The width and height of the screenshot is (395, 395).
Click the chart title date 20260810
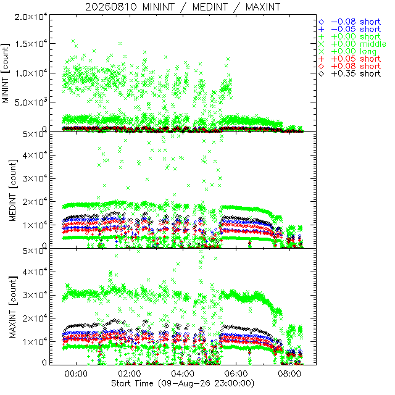[111, 7]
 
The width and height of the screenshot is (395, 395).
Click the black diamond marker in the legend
[321, 74]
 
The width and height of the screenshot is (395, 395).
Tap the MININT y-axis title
[6, 73]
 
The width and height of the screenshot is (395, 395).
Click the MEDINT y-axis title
[13, 190]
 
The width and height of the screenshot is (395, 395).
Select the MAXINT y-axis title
[13, 307]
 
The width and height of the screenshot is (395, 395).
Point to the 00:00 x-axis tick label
[76, 373]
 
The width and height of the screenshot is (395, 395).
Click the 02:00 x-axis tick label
[130, 373]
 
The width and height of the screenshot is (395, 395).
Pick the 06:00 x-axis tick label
[236, 373]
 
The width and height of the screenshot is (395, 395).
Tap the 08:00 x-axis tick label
[289, 373]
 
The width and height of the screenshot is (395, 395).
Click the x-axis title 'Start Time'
[132, 383]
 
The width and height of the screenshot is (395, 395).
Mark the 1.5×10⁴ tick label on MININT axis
[31, 44]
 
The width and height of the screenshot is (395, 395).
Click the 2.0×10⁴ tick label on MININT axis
[31, 17]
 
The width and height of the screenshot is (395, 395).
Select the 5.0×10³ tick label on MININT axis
[31, 102]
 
